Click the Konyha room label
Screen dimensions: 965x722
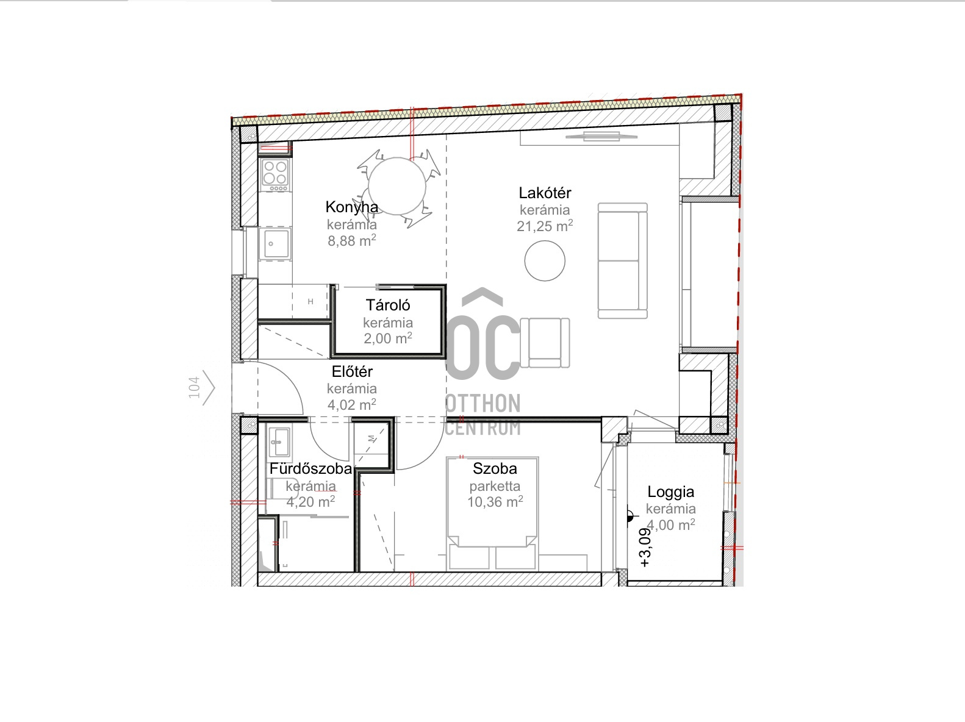click(352, 207)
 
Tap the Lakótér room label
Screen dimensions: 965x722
click(545, 193)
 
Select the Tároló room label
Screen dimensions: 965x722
click(388, 305)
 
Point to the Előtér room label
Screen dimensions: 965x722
click(352, 371)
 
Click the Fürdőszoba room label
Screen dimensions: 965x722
click(311, 468)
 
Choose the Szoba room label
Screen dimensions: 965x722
click(495, 468)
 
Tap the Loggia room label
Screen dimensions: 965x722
click(670, 491)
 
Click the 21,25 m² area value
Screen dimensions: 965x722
click(545, 226)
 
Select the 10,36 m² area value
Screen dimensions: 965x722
click(495, 502)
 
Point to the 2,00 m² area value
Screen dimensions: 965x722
click(388, 338)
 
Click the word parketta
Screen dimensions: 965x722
click(495, 486)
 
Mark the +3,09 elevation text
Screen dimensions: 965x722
click(645, 548)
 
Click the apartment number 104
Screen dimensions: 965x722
click(194, 388)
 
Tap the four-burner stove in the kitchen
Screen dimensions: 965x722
click(275, 174)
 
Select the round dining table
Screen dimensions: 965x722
click(397, 187)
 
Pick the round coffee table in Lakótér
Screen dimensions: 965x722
click(545, 260)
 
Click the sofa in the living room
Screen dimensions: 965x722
click(623, 260)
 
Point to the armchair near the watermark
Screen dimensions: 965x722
click(545, 343)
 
